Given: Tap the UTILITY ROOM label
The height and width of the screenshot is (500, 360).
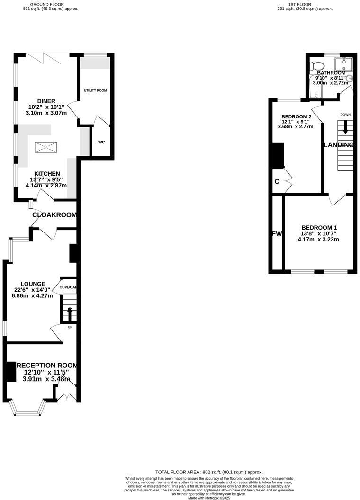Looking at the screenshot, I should (95, 90).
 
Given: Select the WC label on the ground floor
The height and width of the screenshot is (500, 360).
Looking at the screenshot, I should (101, 142).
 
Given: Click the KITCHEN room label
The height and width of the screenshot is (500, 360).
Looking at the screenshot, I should (46, 174).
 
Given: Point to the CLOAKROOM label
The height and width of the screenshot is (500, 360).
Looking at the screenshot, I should (54, 215).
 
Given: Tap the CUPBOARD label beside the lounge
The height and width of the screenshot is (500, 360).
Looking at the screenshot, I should (68, 287).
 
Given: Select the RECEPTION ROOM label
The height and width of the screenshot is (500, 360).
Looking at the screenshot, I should (46, 366).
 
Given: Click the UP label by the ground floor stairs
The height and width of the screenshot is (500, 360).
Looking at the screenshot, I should (69, 327).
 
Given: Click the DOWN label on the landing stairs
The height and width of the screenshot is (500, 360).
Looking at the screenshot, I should (345, 115).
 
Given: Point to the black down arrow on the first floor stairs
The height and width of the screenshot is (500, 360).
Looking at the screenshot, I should (345, 127).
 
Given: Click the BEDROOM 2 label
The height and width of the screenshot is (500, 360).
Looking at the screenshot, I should (296, 117).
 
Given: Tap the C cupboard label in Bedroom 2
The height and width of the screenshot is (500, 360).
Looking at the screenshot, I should (277, 181).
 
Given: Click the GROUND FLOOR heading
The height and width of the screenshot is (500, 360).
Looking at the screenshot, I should (51, 4).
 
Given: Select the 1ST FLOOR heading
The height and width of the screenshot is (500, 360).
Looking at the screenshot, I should (305, 4).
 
